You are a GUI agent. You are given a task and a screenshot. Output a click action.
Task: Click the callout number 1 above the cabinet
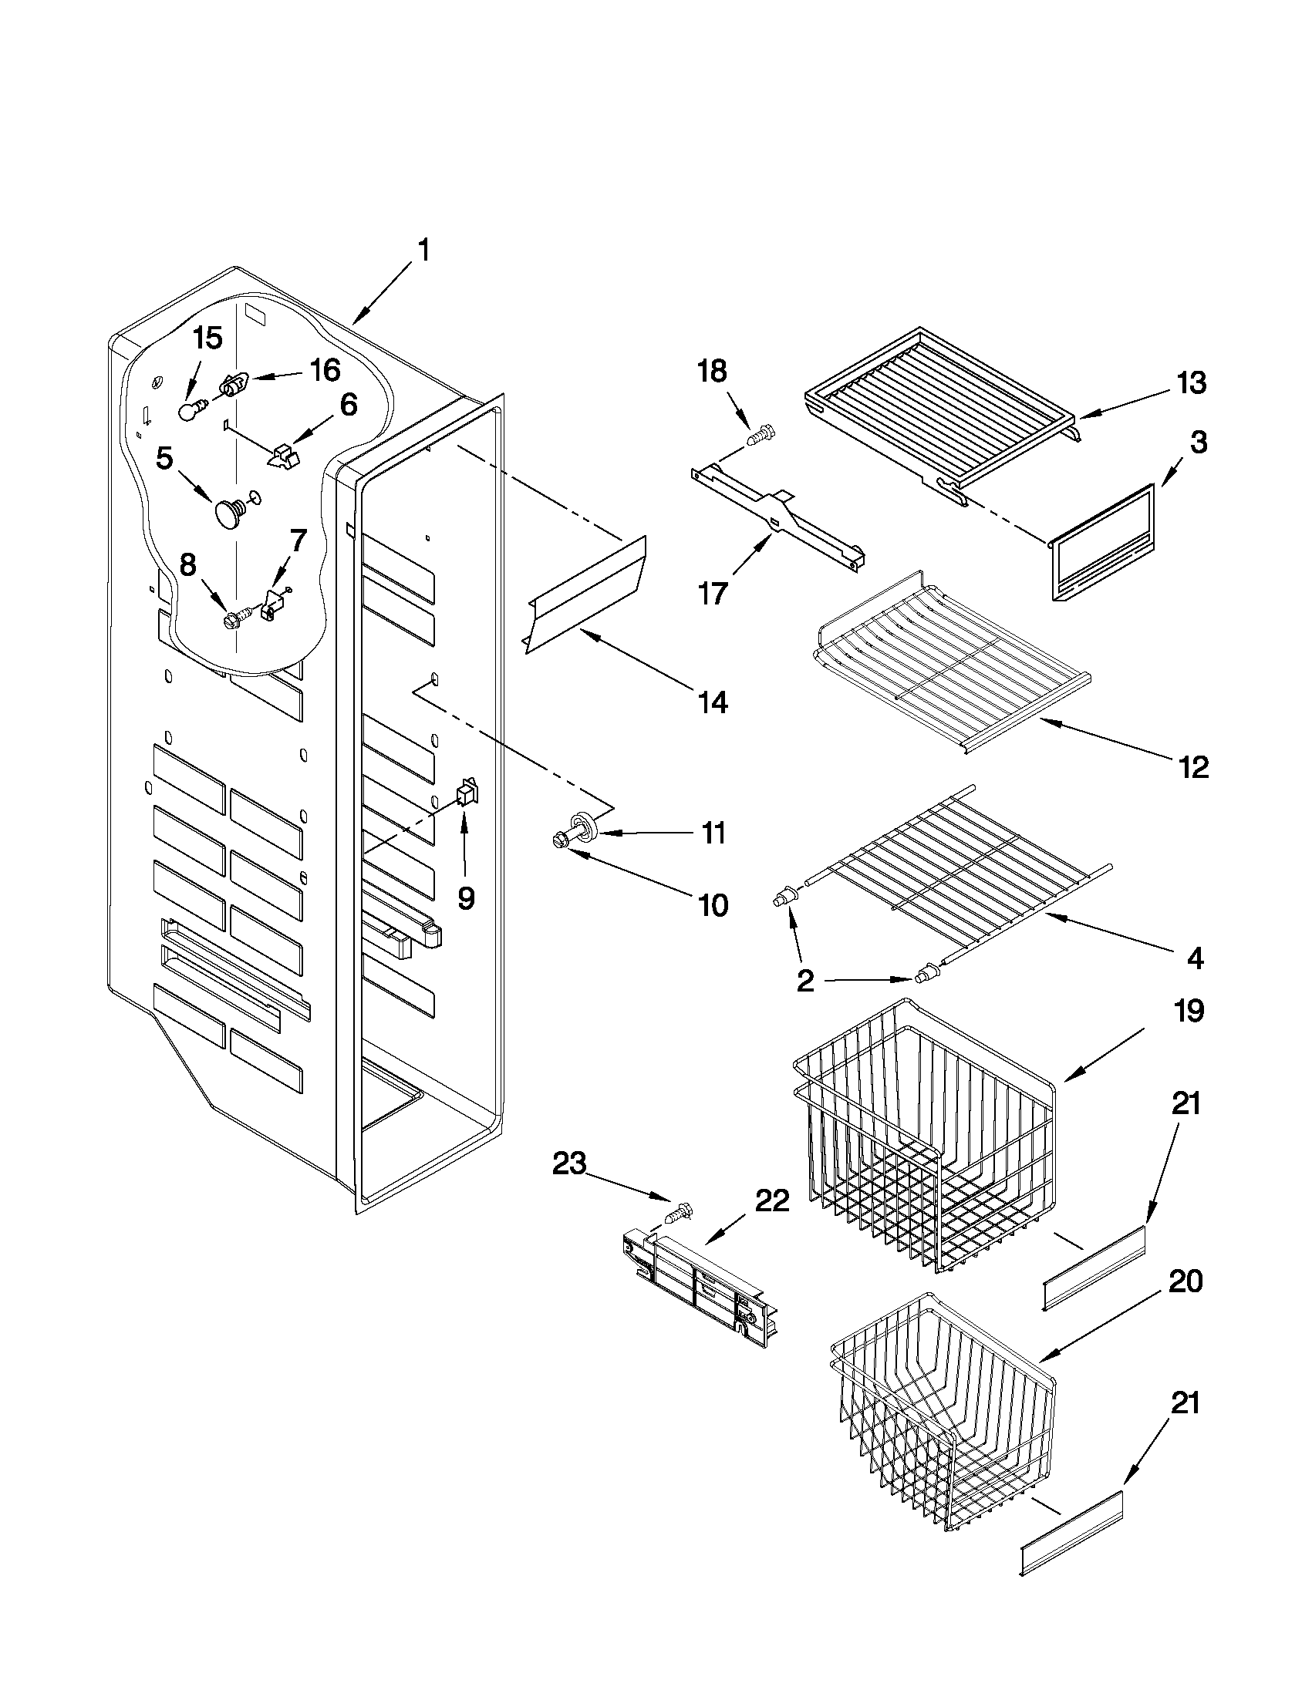(x=423, y=251)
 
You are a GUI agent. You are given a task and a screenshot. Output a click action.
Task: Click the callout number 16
(x=325, y=370)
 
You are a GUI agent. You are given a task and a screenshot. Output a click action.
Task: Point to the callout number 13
(x=1192, y=383)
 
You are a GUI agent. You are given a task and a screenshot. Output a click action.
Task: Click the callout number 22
(x=771, y=1202)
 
